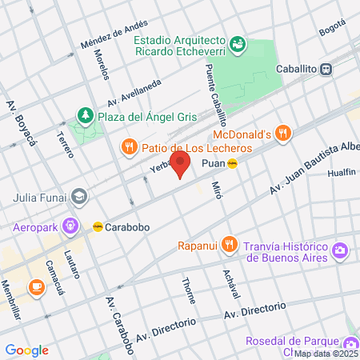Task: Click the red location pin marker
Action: point(181,165)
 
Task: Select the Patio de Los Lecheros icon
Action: point(129,146)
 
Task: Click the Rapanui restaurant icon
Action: point(230,243)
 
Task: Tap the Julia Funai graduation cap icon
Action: point(78,195)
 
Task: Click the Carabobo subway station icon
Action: point(98,226)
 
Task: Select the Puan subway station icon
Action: point(232,164)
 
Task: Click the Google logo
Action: point(26,350)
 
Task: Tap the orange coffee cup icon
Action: point(36,286)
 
